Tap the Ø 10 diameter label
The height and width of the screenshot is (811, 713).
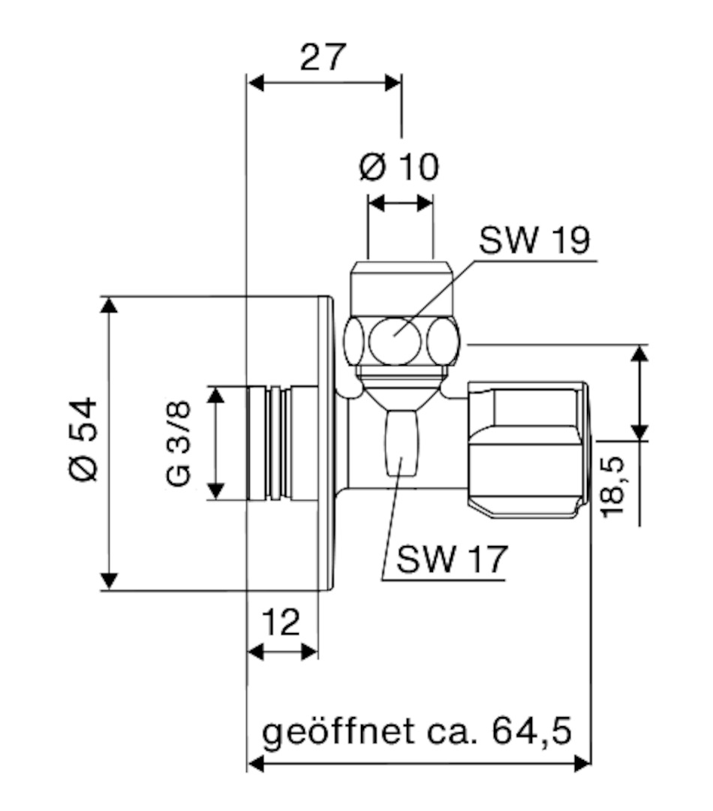pyautogui.click(x=399, y=167)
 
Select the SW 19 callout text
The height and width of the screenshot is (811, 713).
pyautogui.click(x=534, y=240)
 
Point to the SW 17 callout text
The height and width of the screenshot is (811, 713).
pyautogui.click(x=452, y=559)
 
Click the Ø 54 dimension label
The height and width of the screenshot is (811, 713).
pyautogui.click(x=83, y=439)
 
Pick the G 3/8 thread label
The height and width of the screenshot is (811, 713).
pyautogui.click(x=179, y=443)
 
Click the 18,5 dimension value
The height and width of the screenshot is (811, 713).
pyautogui.click(x=613, y=487)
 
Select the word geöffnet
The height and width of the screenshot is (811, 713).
pyautogui.click(x=338, y=732)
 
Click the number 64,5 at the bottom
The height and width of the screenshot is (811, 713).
pyautogui.click(x=531, y=731)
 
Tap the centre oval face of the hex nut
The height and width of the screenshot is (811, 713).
pyautogui.click(x=395, y=340)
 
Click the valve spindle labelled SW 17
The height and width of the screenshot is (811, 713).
pyautogui.click(x=402, y=442)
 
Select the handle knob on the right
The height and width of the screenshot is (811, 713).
pyautogui.click(x=528, y=450)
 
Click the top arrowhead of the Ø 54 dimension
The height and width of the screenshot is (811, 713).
pyautogui.click(x=109, y=305)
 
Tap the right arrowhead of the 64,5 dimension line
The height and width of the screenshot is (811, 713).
pyautogui.click(x=582, y=763)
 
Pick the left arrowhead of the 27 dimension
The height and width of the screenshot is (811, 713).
pyautogui.click(x=256, y=83)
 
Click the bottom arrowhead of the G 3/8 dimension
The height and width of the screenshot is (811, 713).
pyautogui.click(x=215, y=491)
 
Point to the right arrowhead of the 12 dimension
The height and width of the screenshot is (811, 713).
pyautogui.click(x=309, y=652)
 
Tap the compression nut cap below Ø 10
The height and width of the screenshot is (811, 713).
pyautogui.click(x=402, y=290)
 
